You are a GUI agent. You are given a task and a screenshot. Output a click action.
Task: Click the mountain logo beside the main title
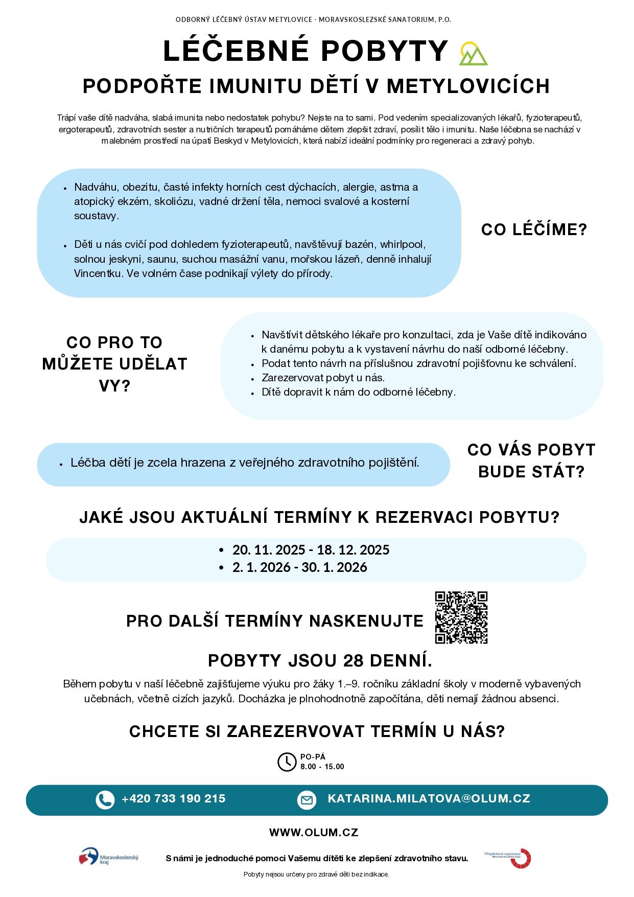pyautogui.click(x=473, y=54)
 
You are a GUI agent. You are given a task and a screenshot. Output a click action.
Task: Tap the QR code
pyautogui.click(x=461, y=617)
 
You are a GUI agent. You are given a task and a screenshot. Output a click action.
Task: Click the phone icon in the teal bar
pyautogui.click(x=105, y=800)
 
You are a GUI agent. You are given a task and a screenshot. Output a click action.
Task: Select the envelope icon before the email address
pyautogui.click(x=307, y=800)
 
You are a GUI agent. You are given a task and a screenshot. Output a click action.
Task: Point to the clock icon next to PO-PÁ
pyautogui.click(x=287, y=762)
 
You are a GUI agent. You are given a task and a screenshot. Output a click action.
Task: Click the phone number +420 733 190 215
pyautogui.click(x=173, y=799)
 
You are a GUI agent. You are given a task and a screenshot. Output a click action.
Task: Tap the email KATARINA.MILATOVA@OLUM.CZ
pyautogui.click(x=429, y=799)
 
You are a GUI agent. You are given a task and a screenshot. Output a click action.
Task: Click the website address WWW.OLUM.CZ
pyautogui.click(x=314, y=832)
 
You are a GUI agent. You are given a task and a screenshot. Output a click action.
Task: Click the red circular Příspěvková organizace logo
pyautogui.click(x=521, y=858)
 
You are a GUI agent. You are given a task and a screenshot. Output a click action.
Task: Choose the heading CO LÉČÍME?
pyautogui.click(x=534, y=230)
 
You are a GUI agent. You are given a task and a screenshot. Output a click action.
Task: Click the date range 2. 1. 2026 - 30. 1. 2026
pyautogui.click(x=299, y=567)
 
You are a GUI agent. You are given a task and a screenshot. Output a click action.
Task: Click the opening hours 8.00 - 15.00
pyautogui.click(x=322, y=767)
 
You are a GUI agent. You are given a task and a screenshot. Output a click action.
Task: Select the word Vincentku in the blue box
pyautogui.click(x=99, y=273)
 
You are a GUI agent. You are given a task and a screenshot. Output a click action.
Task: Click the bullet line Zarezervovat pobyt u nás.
pyautogui.click(x=323, y=378)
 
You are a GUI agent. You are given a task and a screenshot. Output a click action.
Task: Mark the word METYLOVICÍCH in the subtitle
pyautogui.click(x=468, y=86)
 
